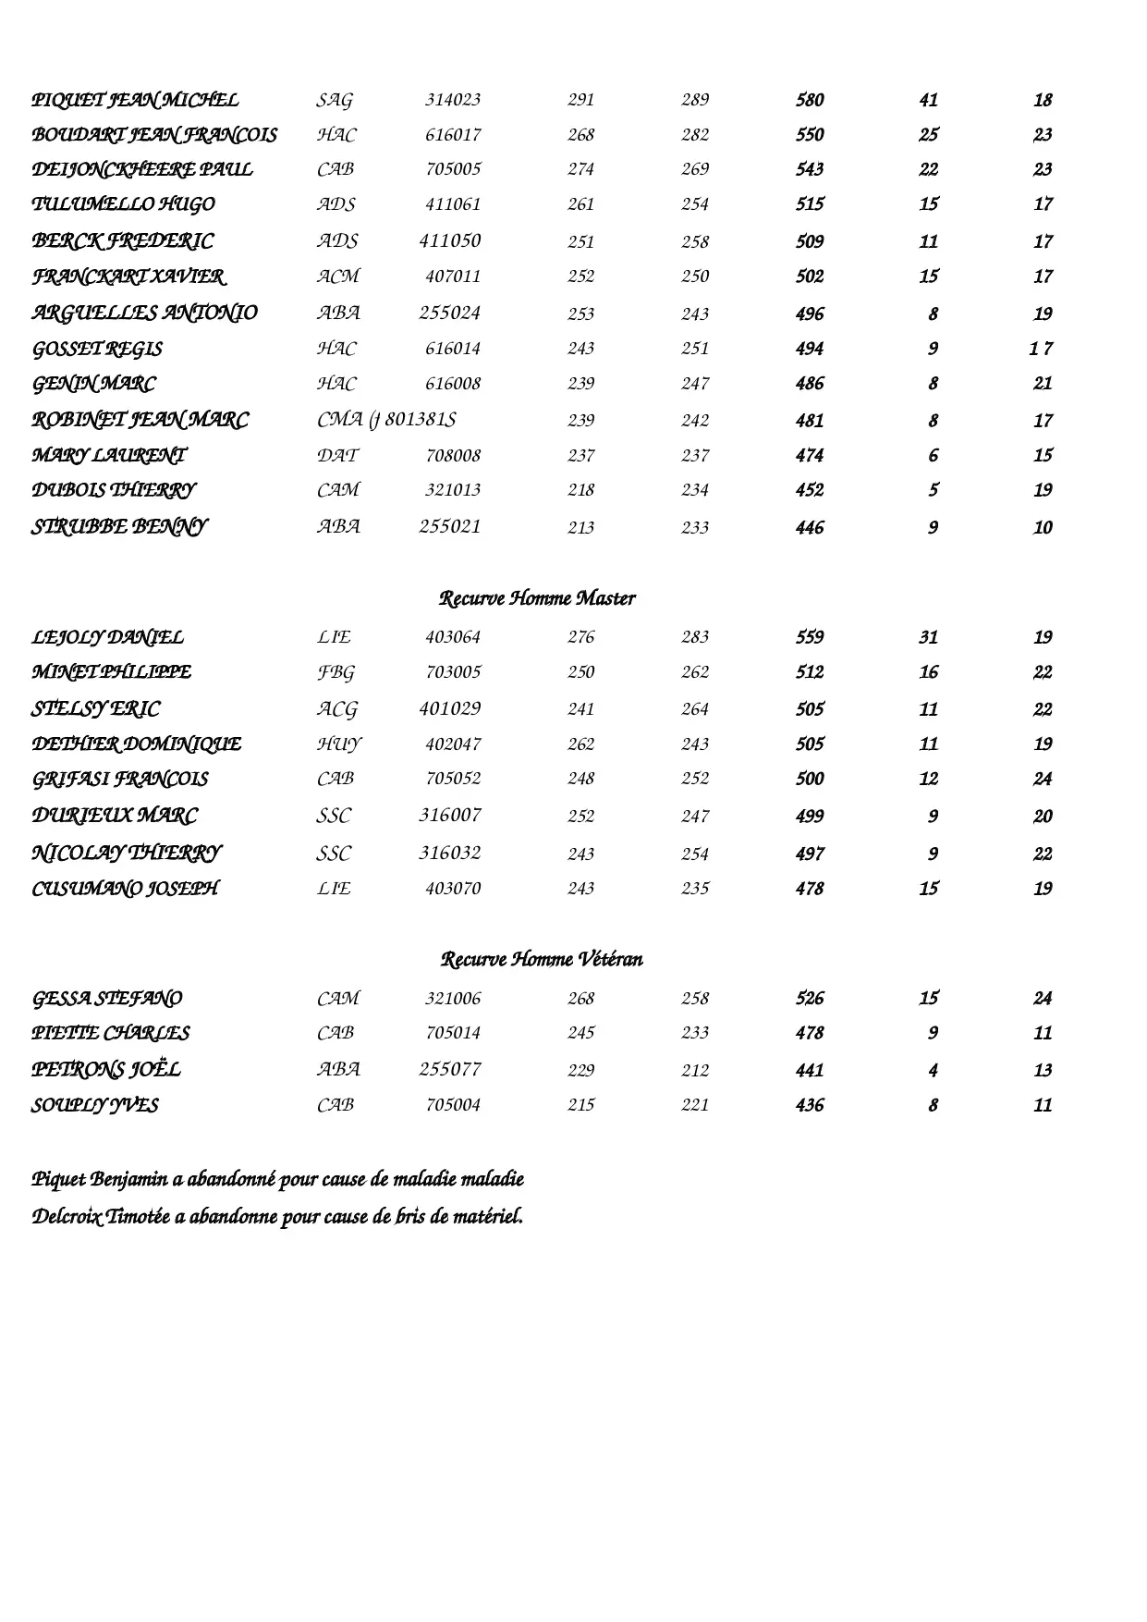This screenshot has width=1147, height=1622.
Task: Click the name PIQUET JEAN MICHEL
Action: [x=135, y=100]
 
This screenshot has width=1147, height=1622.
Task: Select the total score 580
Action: [x=810, y=100]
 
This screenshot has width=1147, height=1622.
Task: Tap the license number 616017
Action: [x=453, y=135]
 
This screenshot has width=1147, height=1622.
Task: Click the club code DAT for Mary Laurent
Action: [x=337, y=456]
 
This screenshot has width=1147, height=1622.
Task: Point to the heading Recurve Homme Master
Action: [x=537, y=598]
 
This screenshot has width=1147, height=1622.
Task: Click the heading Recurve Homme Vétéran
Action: [x=542, y=959]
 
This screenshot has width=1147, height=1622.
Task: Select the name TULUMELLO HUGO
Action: [x=123, y=204]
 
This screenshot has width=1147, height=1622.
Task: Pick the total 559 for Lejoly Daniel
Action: [x=810, y=637]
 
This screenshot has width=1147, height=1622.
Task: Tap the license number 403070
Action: [x=453, y=889]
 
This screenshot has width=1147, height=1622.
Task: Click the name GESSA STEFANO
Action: [x=107, y=999]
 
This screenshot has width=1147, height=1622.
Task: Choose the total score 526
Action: [x=810, y=999]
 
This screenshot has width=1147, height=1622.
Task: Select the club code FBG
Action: [x=336, y=672]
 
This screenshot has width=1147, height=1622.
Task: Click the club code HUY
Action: [x=339, y=744]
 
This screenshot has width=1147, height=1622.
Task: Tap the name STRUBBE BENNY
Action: [x=119, y=527]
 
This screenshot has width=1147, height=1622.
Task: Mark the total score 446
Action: [x=810, y=528]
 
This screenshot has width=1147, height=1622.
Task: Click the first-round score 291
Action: [x=580, y=100]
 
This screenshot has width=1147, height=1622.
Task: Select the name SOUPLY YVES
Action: [x=95, y=1105]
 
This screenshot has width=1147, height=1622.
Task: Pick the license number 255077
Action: [x=450, y=1070]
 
